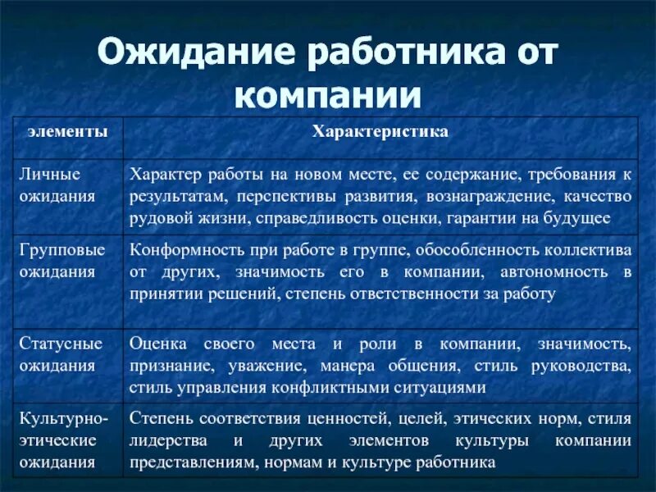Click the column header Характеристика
(379, 132)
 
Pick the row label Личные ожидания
(50, 185)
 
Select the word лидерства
(166, 440)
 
